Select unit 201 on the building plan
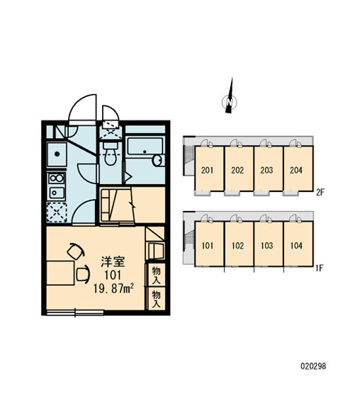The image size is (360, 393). [208, 170]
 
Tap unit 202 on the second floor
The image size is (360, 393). [237, 170]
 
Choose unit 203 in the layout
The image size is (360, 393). [266, 170]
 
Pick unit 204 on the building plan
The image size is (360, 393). [296, 170]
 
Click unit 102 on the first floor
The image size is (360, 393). [237, 246]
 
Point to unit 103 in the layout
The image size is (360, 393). [266, 246]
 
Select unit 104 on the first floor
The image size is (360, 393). [296, 246]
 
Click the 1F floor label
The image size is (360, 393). [320, 267]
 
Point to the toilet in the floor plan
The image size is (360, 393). [110, 151]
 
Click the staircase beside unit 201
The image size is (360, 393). [189, 160]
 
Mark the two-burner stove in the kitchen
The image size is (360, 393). [56, 186]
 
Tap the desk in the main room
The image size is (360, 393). [62, 273]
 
